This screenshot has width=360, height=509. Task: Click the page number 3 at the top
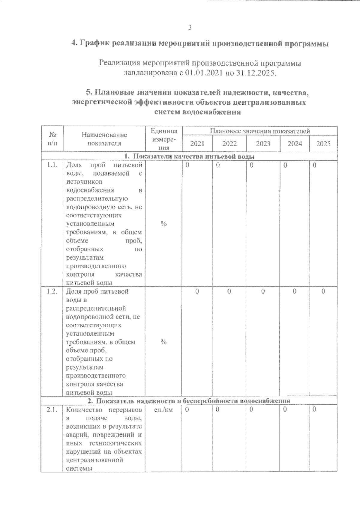click(x=190, y=28)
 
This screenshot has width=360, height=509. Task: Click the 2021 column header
click(x=197, y=144)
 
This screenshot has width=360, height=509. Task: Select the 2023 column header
click(x=263, y=144)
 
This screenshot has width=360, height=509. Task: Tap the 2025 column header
click(x=323, y=144)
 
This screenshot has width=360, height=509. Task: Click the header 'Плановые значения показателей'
click(x=260, y=131)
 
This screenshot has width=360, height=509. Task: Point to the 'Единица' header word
click(x=164, y=131)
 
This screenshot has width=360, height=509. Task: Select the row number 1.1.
click(x=52, y=165)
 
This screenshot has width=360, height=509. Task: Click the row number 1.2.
click(x=52, y=291)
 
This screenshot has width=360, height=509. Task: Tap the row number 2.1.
click(x=52, y=410)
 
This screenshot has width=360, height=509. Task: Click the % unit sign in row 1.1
click(x=163, y=224)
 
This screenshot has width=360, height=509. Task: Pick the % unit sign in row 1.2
click(x=163, y=342)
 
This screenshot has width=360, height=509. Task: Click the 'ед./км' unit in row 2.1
click(x=163, y=410)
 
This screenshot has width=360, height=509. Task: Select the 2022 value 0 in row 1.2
click(x=229, y=291)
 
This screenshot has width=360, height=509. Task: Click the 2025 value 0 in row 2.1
click(x=314, y=409)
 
